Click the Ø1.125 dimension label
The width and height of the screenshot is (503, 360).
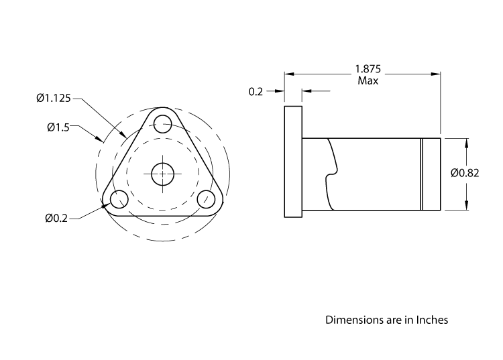tap(53, 99)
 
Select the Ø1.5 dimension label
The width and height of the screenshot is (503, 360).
tap(58, 127)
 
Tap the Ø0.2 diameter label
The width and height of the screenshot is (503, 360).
tap(57, 218)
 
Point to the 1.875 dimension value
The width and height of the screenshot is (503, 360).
tap(368, 68)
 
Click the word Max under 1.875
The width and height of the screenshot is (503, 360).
tap(368, 80)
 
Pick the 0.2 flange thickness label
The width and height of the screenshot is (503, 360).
tap(256, 91)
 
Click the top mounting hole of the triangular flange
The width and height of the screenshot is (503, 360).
tap(162, 123)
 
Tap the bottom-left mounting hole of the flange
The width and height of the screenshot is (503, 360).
tap(119, 199)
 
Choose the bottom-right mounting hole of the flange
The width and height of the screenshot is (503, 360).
tap(207, 199)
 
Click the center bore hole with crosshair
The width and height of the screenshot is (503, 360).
tap(162, 174)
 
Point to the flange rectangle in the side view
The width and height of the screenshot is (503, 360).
tap(293, 162)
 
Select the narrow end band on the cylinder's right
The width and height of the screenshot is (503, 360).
tap(431, 174)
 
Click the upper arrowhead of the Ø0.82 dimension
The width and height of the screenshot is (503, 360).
tap(466, 142)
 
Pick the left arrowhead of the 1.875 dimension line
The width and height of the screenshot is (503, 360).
tap(288, 74)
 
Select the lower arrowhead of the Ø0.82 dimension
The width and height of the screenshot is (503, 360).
tap(466, 206)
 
